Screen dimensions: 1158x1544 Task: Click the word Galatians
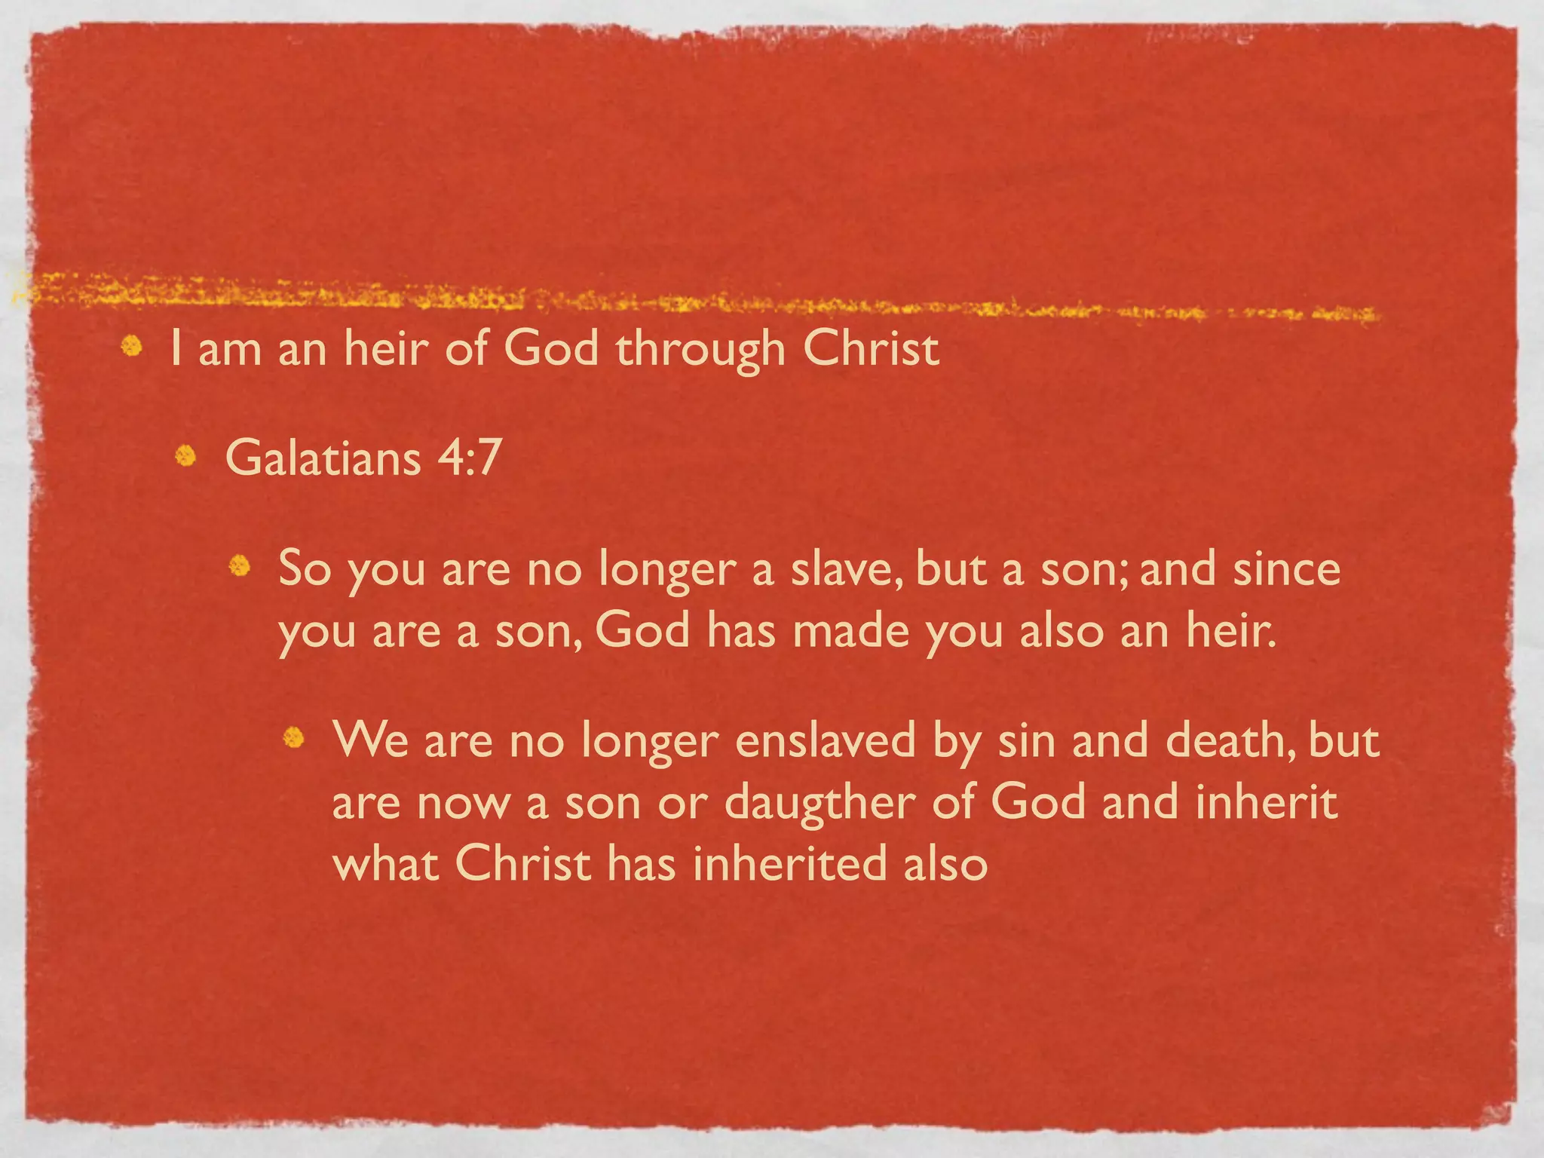[323, 458]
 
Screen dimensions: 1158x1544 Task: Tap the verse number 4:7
[469, 458]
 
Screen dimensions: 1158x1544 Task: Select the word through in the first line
[700, 350]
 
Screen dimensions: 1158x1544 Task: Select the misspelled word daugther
[819, 802]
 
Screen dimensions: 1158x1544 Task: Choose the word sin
[1026, 740]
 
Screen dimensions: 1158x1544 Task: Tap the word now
[464, 802]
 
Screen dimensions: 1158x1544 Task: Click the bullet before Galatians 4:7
[185, 456]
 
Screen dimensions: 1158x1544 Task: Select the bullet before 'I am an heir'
[132, 346]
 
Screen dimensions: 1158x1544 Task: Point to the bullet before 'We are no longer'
[293, 737]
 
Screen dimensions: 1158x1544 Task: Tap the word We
[370, 740]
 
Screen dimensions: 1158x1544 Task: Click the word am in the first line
[230, 350]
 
